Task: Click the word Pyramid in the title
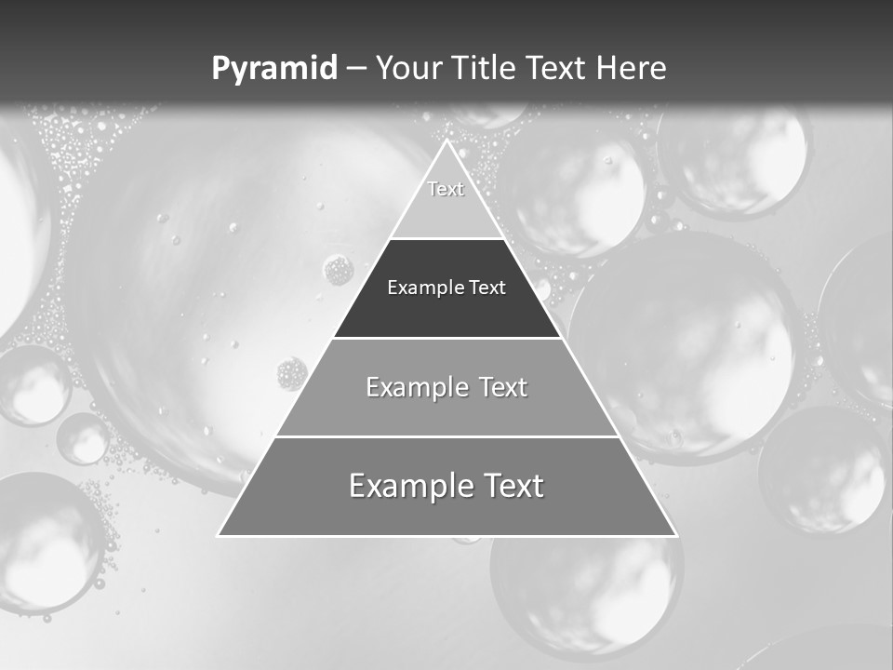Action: coord(274,69)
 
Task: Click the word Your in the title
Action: coord(409,69)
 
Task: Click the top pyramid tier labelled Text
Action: coord(446,200)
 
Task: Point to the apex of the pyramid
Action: coord(446,141)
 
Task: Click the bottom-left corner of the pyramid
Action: coord(219,535)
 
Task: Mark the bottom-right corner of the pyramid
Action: coord(675,535)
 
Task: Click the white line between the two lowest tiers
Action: coord(446,436)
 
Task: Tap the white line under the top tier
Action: coord(446,238)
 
